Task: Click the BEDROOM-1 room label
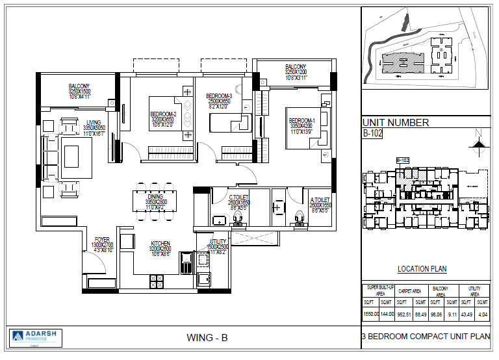coord(301,121)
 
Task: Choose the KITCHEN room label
coord(160,244)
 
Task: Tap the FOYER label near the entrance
coord(102,238)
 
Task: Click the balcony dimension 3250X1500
coord(83,93)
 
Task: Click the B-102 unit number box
coord(373,135)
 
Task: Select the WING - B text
coord(207,337)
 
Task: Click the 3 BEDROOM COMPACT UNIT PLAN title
coord(426,337)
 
